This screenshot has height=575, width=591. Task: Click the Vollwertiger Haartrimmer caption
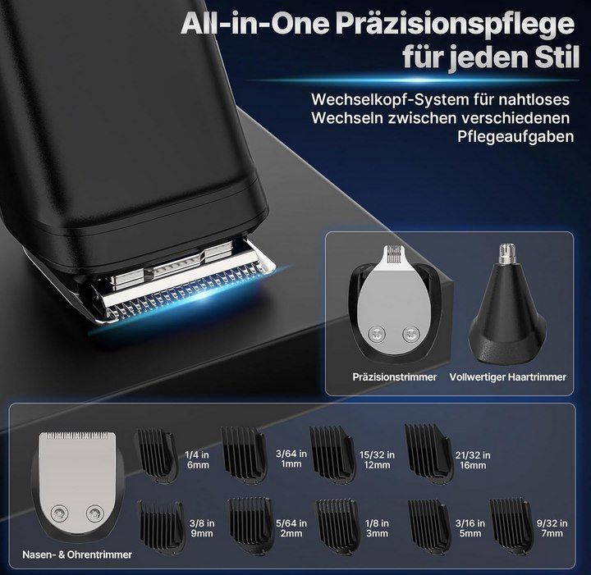tap(508, 377)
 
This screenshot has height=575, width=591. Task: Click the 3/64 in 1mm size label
tap(291, 459)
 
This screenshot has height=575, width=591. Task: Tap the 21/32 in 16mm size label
tap(473, 459)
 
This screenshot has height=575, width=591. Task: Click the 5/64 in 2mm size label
tap(291, 527)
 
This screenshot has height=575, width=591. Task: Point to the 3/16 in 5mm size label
tap(471, 527)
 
